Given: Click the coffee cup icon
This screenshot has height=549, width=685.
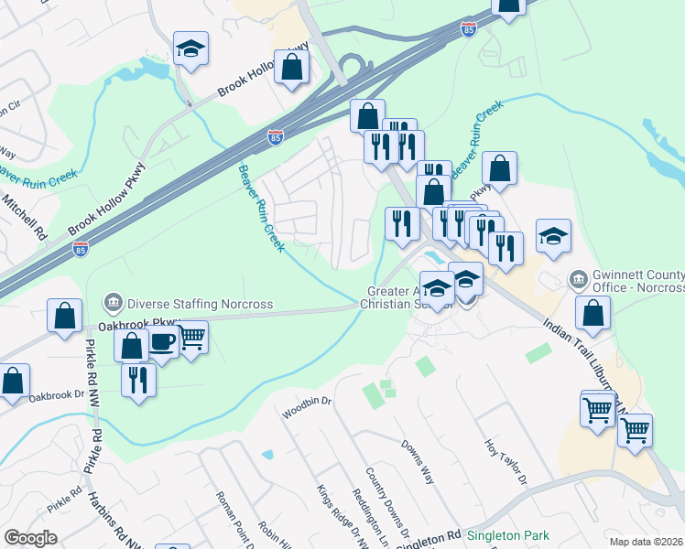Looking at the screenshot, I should click(162, 343).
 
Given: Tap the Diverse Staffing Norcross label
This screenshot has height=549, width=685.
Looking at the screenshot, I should click(201, 304).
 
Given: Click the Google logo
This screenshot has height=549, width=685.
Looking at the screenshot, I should click(30, 538).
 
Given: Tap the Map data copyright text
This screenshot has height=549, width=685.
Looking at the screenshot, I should click(647, 542).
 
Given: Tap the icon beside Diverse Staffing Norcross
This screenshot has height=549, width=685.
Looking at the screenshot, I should click(114, 302).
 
